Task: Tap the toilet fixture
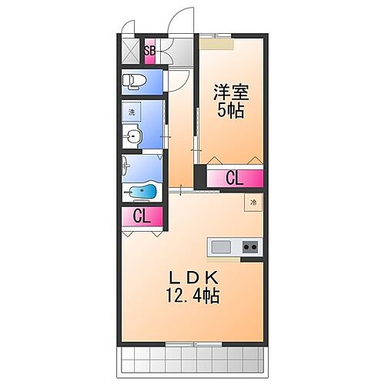[134, 80]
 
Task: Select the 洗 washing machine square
[132, 112]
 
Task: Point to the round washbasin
[134, 138]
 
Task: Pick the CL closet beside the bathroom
[141, 217]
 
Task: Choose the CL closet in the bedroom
[234, 179]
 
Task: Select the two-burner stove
[250, 247]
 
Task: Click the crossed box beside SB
[132, 52]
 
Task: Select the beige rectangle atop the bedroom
[216, 44]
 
